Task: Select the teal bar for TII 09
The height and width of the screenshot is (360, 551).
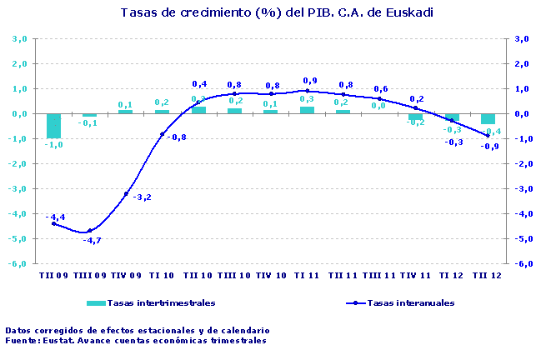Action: coord(53,126)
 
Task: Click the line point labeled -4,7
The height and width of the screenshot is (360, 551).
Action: coord(90,231)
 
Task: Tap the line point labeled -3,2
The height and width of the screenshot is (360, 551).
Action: coord(126,194)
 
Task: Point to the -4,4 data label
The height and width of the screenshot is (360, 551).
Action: coord(55,217)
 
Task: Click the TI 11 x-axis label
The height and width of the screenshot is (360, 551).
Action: coord(307,275)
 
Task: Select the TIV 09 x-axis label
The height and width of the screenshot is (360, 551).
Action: coord(126,275)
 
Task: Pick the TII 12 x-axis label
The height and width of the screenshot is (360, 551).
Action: coord(487,275)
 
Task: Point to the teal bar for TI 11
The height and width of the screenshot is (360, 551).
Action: coord(307,110)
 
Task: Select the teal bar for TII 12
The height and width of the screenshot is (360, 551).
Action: coord(488,118)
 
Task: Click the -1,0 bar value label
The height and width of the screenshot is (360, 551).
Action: coord(54,145)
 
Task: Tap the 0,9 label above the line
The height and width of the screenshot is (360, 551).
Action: coord(309,81)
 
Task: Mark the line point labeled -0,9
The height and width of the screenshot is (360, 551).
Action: coord(488,136)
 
